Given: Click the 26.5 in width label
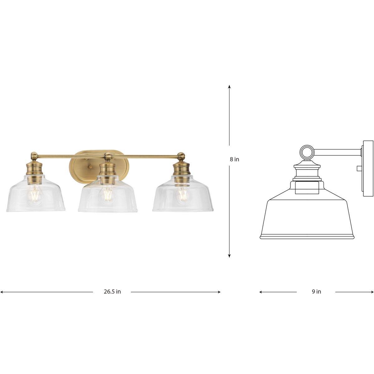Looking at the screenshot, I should (112, 292).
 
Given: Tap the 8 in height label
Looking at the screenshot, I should (234, 159).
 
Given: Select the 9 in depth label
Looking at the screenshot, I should (316, 292).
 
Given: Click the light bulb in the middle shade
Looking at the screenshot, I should (108, 195).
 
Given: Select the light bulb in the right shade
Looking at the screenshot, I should (182, 195).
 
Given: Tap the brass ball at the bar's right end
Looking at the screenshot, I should (180, 155).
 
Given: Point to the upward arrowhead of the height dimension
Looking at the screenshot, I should (229, 87).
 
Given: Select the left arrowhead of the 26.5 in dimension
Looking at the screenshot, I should (2, 292).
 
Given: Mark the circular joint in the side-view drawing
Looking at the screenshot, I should (306, 152).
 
